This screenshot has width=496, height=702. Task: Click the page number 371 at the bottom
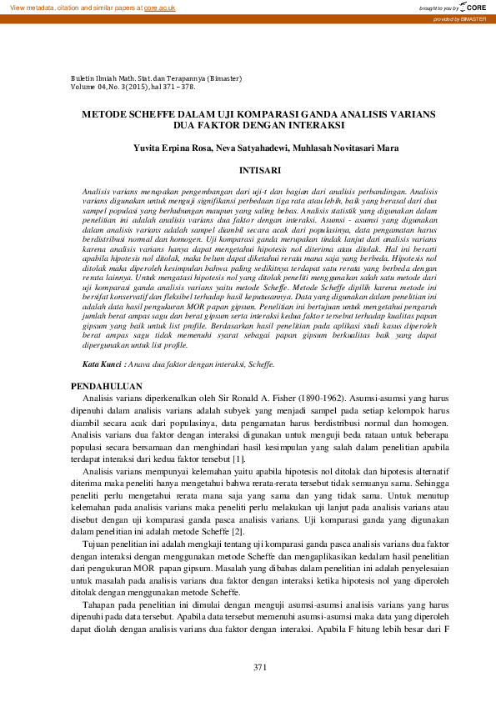(x=259, y=668)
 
